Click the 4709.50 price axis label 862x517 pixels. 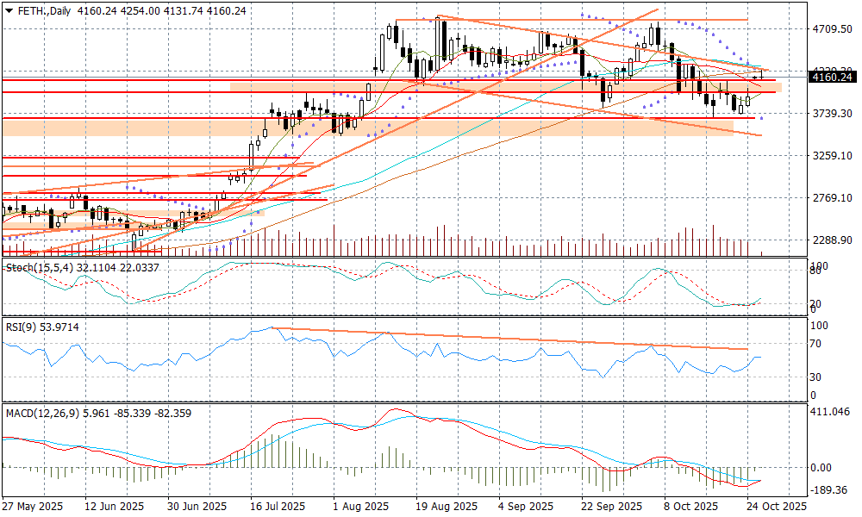coord(832,28)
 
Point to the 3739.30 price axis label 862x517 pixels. coord(832,113)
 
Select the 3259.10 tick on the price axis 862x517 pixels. coord(832,155)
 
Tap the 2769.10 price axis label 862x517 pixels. coord(832,197)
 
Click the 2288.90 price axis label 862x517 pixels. coord(832,240)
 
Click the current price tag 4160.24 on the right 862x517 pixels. coord(832,78)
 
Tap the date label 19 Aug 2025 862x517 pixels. coord(446,507)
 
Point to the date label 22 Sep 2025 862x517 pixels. coord(611,507)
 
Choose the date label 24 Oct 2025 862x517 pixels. coord(778,507)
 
